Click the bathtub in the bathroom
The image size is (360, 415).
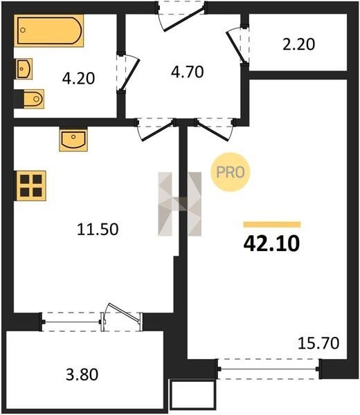[48, 30]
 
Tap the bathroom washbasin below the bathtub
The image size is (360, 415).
[24, 68]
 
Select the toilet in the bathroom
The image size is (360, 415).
[33, 99]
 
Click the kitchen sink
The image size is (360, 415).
[73, 140]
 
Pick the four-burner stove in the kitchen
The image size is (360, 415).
[31, 186]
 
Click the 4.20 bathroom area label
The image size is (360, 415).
[78, 78]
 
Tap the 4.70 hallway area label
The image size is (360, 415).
[188, 72]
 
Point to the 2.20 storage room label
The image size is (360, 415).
[299, 44]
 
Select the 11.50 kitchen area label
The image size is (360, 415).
[98, 229]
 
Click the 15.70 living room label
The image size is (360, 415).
[318, 343]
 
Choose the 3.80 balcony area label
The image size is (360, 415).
[82, 374]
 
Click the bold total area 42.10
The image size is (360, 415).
[271, 243]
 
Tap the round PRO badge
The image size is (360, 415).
[231, 172]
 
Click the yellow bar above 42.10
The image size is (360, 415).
[272, 224]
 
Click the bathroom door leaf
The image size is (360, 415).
[129, 75]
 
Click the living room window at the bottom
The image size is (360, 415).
[269, 369]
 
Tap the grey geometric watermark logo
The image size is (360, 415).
[179, 204]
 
